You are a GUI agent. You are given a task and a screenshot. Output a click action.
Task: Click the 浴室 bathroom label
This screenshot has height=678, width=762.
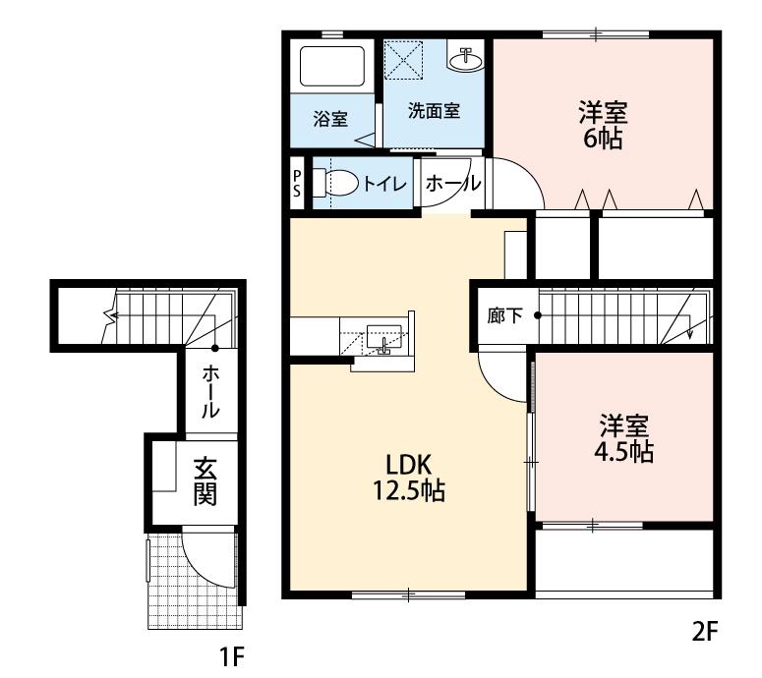[330, 120]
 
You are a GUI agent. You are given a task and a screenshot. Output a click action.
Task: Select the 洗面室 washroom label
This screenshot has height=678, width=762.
[434, 111]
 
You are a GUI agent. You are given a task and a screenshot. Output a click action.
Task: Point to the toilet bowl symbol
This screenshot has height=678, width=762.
[338, 183]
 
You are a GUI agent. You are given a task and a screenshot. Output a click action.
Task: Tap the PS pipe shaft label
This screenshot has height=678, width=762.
[298, 184]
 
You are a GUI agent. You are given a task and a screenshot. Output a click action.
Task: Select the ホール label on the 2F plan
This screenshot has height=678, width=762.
[452, 183]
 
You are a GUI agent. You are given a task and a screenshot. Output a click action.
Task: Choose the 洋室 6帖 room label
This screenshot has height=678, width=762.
[603, 124]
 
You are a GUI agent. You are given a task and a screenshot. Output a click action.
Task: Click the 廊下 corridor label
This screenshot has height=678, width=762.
[504, 316]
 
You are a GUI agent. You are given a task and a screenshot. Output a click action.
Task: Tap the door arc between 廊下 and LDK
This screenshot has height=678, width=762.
[501, 379]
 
